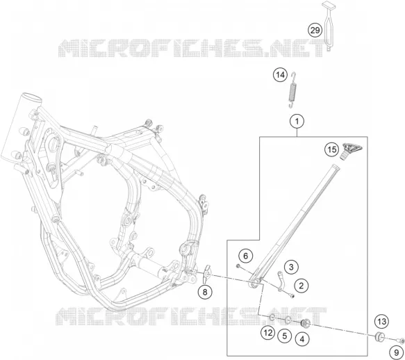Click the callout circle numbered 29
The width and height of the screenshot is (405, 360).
pos(315,31)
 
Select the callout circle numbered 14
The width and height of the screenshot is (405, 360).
pos(280,75)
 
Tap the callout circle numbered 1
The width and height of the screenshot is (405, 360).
pos(297,121)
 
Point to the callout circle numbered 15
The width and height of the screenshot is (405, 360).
pos(332,149)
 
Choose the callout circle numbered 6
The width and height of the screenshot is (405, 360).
pos(245,256)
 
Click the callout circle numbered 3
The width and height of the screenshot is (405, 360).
pos(291,267)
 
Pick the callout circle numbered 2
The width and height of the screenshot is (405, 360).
pos(301,286)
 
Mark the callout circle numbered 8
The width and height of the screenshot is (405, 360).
pos(205,292)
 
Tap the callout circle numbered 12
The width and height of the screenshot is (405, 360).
pos(268,333)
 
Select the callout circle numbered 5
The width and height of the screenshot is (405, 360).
pos(285,336)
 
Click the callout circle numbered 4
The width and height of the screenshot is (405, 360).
pos(302,339)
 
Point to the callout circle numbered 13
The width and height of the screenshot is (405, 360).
pos(382,322)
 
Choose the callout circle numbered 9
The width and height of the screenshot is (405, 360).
pos(397,352)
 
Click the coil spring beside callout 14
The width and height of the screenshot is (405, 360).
pos(292,90)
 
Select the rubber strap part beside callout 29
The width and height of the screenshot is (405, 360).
pos(329,26)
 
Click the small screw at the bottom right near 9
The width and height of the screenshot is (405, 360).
pos(401,341)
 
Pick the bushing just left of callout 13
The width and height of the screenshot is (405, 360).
pos(379,337)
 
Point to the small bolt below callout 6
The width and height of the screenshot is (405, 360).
pos(238,265)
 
